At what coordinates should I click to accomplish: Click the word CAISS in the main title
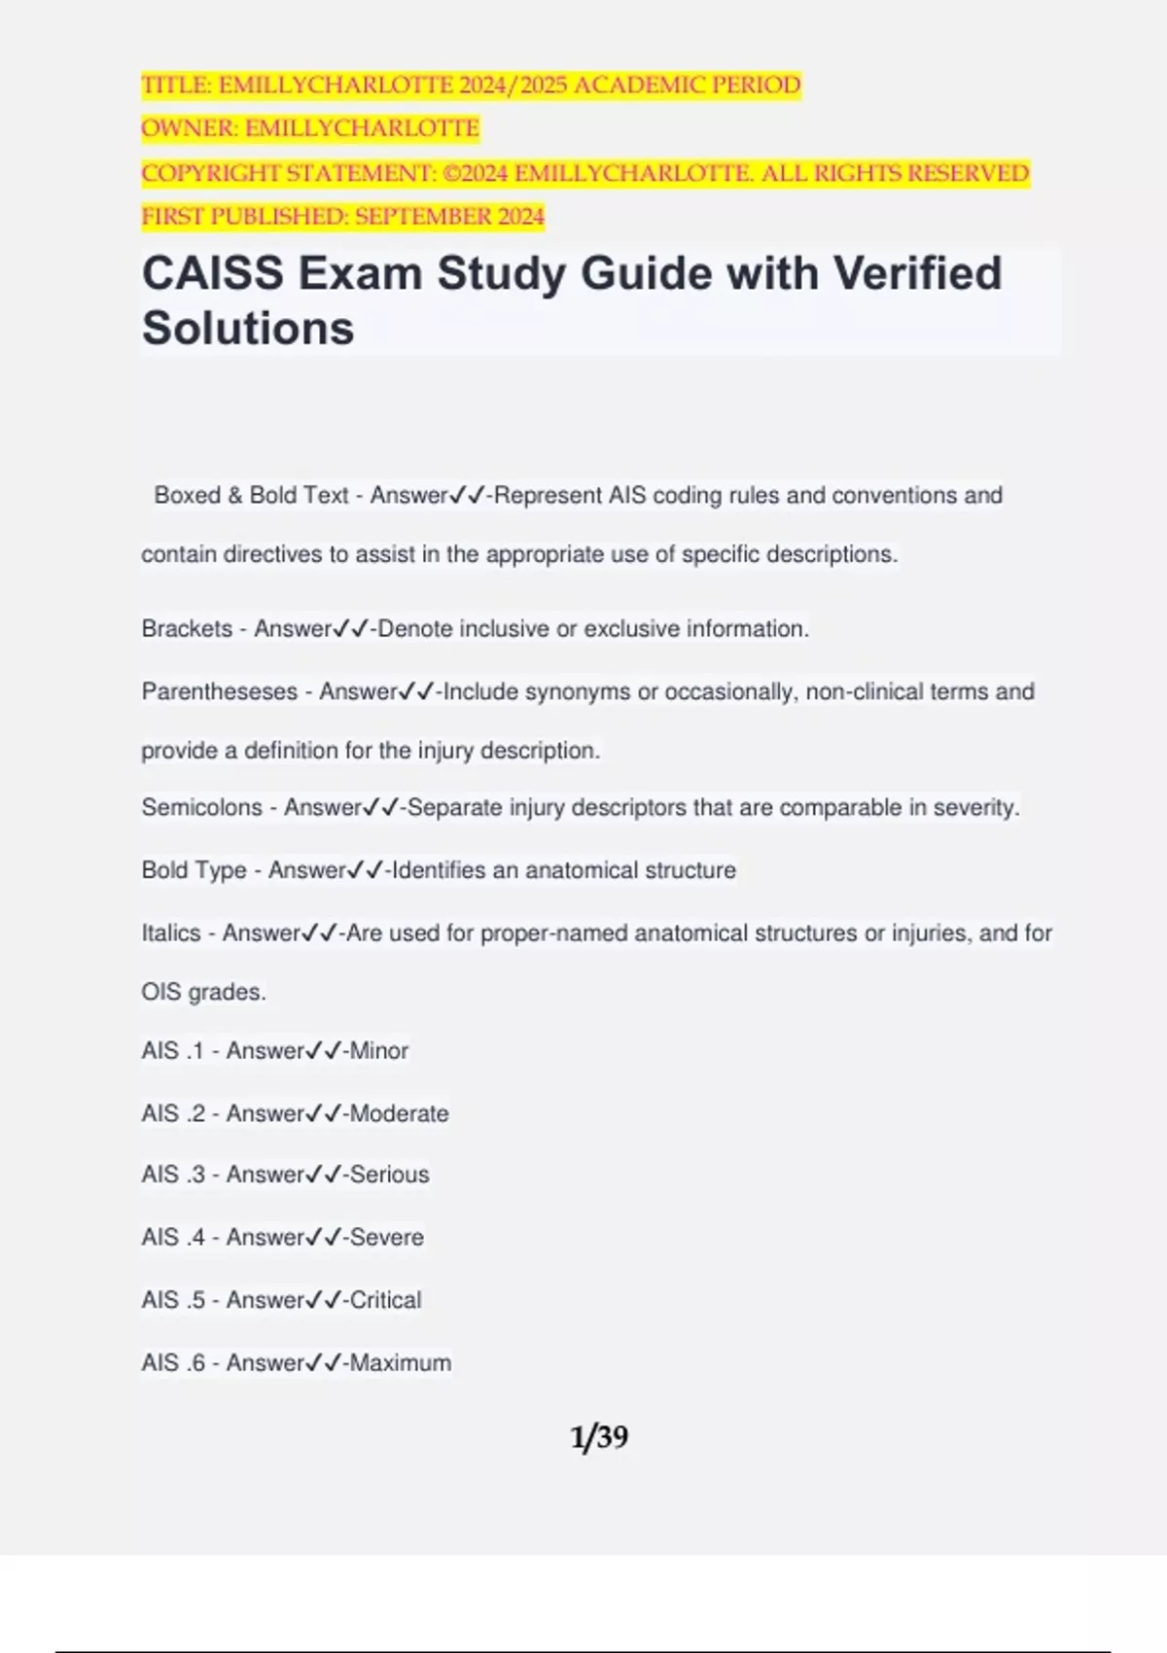213,274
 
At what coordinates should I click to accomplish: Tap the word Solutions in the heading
248,329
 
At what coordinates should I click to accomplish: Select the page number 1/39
599,1436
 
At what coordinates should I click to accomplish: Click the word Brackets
187,629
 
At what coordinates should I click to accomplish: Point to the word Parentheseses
220,692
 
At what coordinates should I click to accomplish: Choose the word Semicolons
201,807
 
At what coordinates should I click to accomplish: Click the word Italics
170,933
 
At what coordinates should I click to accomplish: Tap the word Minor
379,1051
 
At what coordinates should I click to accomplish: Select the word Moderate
399,1113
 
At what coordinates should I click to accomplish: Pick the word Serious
389,1175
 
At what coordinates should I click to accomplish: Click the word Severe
386,1238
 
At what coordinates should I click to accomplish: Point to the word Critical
385,1300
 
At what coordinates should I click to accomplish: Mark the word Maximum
400,1363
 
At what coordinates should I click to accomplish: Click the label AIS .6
173,1363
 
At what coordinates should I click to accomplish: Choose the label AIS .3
173,1175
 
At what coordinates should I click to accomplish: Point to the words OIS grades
203,993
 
